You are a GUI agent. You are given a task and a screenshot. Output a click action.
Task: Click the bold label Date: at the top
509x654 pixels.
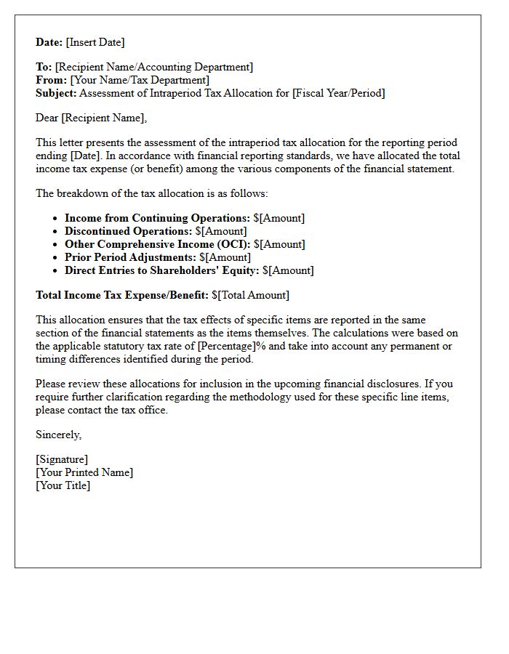(49, 42)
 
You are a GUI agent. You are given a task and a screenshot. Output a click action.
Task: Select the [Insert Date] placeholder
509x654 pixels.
(96, 42)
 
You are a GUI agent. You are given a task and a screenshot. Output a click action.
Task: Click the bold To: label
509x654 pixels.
(44, 67)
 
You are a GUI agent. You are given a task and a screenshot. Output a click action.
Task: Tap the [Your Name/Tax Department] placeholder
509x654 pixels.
(140, 80)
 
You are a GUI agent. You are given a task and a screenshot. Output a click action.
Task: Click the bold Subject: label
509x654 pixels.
(56, 93)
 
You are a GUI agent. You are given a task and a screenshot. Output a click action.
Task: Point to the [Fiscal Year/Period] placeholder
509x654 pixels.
(338, 93)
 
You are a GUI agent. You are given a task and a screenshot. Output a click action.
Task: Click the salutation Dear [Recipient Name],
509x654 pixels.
(91, 118)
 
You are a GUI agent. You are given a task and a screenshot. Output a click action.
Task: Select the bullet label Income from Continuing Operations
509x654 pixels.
(157, 218)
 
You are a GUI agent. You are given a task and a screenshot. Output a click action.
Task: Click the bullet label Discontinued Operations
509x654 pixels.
(129, 231)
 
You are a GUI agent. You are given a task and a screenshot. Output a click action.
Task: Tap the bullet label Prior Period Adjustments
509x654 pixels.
(131, 257)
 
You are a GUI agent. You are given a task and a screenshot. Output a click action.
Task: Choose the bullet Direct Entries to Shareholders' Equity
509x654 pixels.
(161, 270)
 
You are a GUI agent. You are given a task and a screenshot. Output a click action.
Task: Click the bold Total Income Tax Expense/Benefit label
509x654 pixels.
(122, 295)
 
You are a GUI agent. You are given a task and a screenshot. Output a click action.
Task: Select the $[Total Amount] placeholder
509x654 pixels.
(250, 295)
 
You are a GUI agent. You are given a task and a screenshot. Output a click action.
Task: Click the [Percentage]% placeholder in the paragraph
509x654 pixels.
(233, 346)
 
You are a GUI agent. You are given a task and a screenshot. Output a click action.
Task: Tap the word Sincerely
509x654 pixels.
(58, 435)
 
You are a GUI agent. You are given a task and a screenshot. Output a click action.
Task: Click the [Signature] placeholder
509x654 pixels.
(62, 459)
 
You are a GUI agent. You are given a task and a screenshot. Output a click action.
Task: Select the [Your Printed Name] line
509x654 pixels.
(84, 472)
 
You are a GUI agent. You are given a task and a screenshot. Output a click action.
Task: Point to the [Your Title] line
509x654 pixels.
(63, 485)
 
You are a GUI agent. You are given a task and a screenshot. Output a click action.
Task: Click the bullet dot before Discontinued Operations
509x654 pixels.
(55, 232)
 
